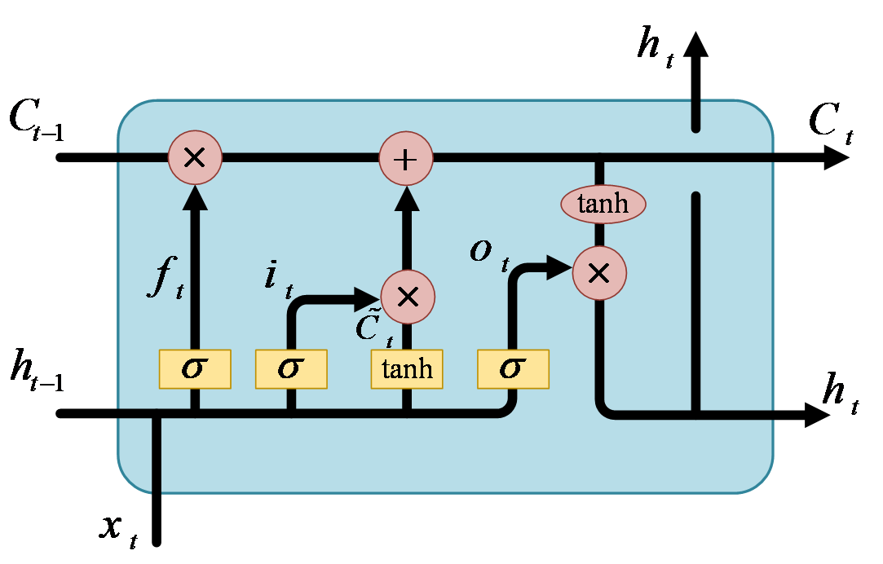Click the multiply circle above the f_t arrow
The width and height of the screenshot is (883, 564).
pos(195,157)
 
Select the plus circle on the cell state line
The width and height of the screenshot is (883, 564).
pos(406,158)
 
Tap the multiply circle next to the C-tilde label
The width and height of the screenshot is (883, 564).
pos(407,297)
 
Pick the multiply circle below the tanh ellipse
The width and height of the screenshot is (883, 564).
pos(599,273)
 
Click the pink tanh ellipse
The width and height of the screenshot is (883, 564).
pos(603,204)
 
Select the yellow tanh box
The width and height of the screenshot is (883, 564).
pos(407,369)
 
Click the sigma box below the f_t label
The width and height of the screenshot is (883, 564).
pos(195,369)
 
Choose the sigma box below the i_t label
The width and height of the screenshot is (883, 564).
pos(291,369)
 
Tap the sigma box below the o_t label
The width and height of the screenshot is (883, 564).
pos(513,369)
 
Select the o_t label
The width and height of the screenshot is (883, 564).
pos(489,253)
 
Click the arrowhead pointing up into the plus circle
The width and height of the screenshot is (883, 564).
pos(406,198)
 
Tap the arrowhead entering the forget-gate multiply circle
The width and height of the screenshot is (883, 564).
pos(195,198)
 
